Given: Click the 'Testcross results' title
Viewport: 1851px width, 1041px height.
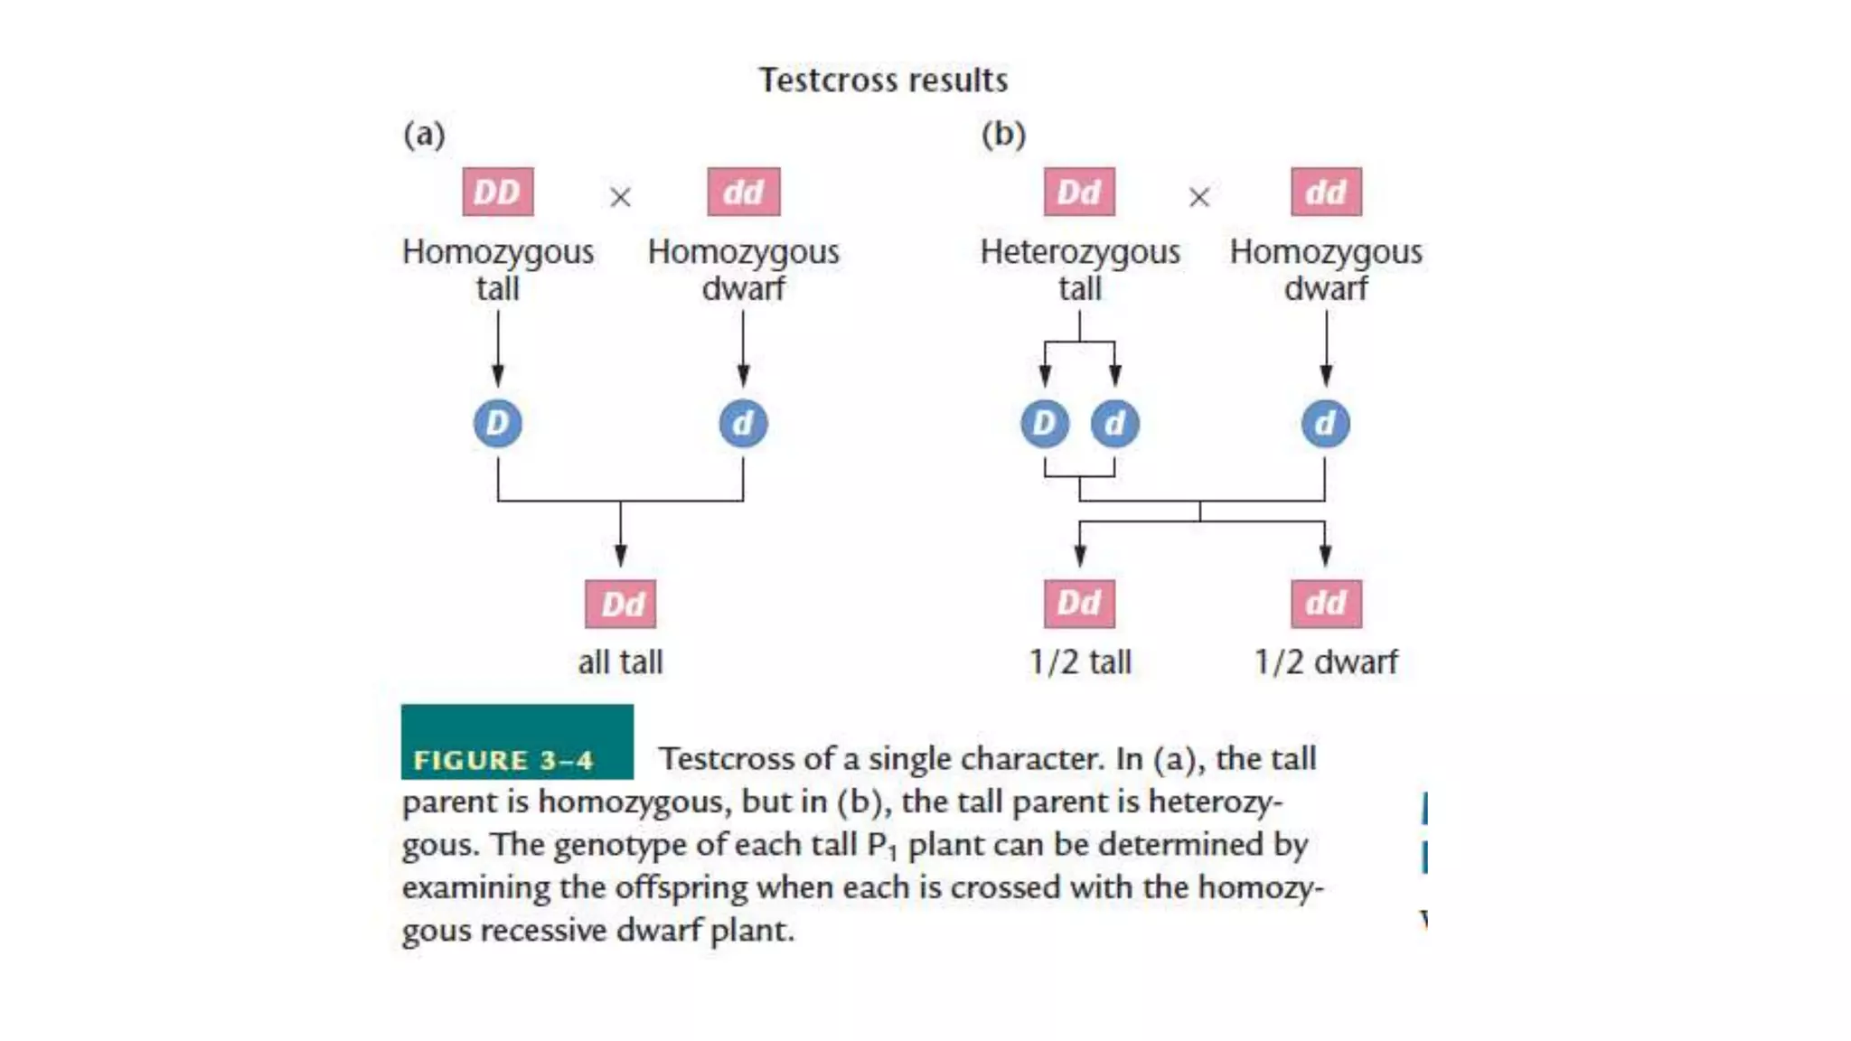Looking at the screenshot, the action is [883, 80].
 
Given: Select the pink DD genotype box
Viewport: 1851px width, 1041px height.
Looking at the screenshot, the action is [497, 192].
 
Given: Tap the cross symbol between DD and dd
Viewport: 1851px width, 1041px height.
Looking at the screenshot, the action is [620, 197].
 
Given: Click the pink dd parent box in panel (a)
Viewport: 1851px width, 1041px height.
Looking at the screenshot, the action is [743, 192].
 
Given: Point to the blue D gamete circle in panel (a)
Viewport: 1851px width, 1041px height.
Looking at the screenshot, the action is [497, 423].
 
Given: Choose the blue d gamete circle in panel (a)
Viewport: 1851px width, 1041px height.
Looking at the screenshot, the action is [743, 423].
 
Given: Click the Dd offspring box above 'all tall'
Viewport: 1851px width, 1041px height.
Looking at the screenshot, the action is [621, 604].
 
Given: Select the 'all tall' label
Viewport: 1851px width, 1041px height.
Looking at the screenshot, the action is [620, 662].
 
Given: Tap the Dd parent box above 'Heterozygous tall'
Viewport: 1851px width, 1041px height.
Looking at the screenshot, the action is [1079, 192].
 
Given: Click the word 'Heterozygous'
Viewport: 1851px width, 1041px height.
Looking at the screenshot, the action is [1080, 252].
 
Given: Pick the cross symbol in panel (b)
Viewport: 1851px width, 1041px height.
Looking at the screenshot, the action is [1199, 197].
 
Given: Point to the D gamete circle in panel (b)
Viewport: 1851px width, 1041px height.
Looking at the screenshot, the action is [1045, 423].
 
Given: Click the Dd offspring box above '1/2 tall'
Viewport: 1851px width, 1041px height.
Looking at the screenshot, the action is [1079, 604].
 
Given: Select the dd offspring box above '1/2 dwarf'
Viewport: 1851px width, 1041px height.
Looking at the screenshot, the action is [1326, 604].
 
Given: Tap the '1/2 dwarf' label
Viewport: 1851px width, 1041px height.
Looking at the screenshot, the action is [1325, 662].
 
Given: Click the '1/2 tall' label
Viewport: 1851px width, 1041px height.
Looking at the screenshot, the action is [1080, 662].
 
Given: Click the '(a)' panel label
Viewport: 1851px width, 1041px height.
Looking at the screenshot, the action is [424, 135].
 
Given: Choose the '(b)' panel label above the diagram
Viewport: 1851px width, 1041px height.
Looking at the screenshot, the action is [1003, 135].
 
